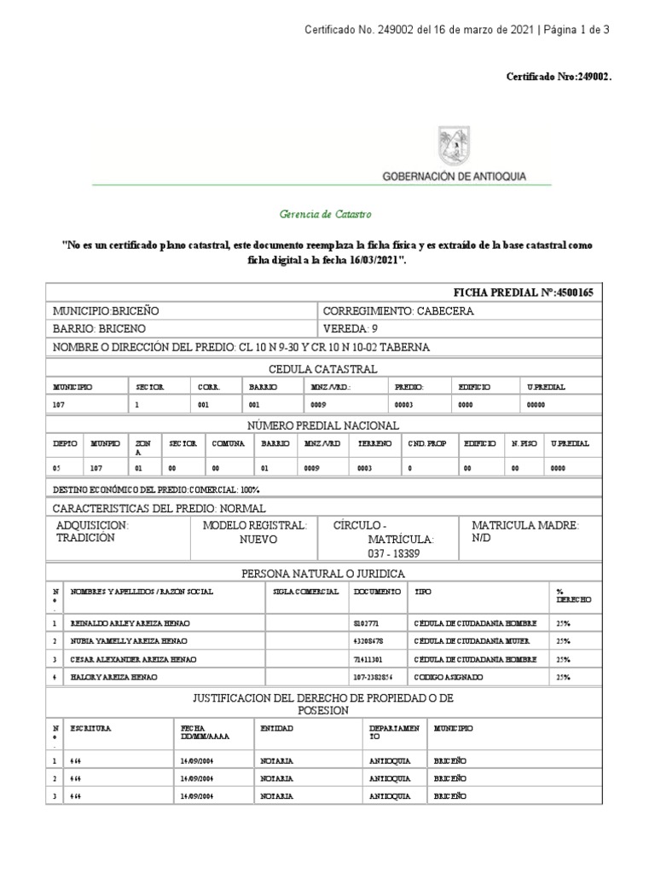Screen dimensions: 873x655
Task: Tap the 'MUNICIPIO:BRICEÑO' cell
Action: pos(107,311)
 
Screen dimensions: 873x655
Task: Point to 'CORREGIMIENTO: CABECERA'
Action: pos(398,311)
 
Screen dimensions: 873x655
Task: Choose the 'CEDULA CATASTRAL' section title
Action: pos(322,368)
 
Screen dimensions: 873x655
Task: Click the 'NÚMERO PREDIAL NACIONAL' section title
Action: pos(322,425)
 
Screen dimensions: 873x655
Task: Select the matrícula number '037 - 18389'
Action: pos(401,554)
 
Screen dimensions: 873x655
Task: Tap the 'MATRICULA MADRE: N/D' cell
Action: pos(525,533)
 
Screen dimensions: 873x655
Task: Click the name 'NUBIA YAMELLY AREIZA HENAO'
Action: pos(130,641)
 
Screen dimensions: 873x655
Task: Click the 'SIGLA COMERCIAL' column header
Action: pos(305,592)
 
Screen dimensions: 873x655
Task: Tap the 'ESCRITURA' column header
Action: pos(91,729)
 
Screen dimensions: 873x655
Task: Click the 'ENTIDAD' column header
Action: pos(276,729)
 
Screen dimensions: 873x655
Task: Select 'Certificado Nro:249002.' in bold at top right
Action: pos(559,77)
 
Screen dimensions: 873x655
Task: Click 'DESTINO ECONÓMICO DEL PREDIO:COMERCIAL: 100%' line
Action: pos(156,490)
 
